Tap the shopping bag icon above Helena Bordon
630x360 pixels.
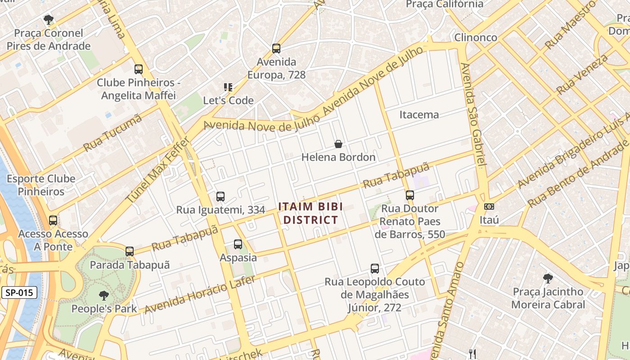[338, 144]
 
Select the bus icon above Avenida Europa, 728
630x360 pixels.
[276, 48]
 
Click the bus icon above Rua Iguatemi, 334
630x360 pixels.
[220, 196]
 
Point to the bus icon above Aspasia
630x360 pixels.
[238, 244]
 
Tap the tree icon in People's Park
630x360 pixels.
[104, 296]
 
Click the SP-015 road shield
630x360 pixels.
[19, 292]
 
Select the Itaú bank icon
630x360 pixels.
[489, 207]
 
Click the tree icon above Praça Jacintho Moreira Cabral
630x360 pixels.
[548, 278]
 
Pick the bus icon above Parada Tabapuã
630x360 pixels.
[130, 252]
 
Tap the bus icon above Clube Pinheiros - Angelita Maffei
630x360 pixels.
[139, 69]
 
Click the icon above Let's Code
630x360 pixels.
[228, 87]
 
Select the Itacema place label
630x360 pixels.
[419, 115]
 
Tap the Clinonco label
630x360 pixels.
[476, 37]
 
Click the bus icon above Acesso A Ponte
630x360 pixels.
[53, 220]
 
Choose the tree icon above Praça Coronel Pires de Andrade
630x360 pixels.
[48, 19]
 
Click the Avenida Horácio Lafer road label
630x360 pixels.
[200, 295]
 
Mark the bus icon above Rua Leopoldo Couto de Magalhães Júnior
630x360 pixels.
[374, 269]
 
